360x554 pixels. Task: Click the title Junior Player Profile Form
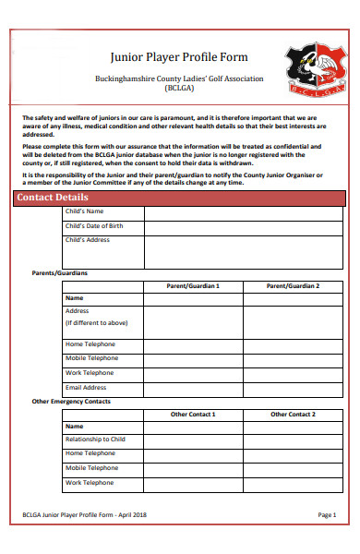[x=178, y=56]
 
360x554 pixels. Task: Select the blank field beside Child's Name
[x=244, y=211]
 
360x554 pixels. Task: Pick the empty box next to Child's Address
[x=244, y=250]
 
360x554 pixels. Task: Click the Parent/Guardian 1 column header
[x=193, y=286]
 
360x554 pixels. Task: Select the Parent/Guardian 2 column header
[x=293, y=286]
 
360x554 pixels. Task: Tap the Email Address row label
[x=86, y=388]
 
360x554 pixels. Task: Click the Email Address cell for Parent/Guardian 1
[x=193, y=388]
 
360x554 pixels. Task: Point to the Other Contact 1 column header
[x=193, y=415]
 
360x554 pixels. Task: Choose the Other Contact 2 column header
[x=293, y=415]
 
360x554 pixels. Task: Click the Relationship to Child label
[x=95, y=440]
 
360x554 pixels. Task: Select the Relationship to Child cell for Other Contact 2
[x=293, y=440]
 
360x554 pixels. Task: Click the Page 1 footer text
[x=327, y=514]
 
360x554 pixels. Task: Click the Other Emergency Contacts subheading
[x=71, y=402]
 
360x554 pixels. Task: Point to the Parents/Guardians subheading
[x=59, y=273]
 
